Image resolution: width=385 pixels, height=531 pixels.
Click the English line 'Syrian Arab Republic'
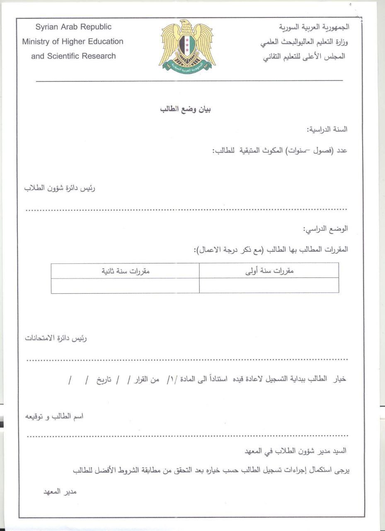(x=73, y=27)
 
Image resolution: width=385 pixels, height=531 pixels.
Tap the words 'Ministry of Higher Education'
(x=73, y=41)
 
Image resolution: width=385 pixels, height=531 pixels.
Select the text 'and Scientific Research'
(x=73, y=56)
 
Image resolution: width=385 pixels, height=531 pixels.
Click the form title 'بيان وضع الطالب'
(x=186, y=110)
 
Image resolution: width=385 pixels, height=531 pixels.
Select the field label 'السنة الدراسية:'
(x=327, y=129)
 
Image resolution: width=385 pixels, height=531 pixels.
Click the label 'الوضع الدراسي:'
(x=326, y=229)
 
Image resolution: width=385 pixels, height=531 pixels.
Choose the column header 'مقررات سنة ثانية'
(x=126, y=271)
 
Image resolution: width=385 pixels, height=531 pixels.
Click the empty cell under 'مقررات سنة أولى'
(x=269, y=286)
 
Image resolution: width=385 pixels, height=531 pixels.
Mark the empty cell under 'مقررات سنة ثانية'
(x=125, y=286)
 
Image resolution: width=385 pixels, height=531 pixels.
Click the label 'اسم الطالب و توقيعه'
(x=55, y=416)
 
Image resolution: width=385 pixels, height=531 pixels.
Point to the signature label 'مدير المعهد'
(x=61, y=492)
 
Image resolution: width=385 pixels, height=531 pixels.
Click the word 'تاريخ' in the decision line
(x=105, y=380)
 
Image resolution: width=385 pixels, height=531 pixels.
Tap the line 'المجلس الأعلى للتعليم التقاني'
(x=304, y=56)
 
